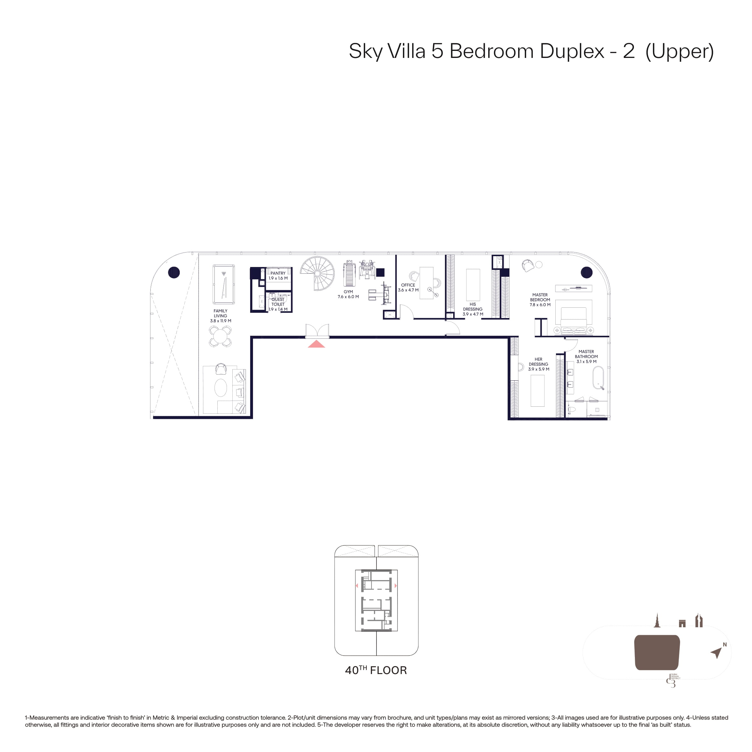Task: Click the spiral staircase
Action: (x=317, y=274)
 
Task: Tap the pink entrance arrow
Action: (x=316, y=344)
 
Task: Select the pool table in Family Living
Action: (x=224, y=284)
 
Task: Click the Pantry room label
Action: (x=278, y=276)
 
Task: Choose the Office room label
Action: (x=408, y=288)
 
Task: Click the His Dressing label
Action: (x=473, y=309)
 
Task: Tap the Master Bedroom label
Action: (x=540, y=300)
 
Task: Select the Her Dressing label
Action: (x=539, y=364)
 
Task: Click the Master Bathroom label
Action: (x=587, y=356)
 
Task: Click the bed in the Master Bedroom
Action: (x=574, y=317)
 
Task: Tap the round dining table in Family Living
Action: (x=220, y=336)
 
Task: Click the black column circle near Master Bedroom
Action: (x=587, y=272)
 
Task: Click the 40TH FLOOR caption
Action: (x=376, y=670)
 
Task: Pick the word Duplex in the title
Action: (x=572, y=51)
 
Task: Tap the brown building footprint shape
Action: (x=657, y=652)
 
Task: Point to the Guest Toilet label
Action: (x=278, y=304)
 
